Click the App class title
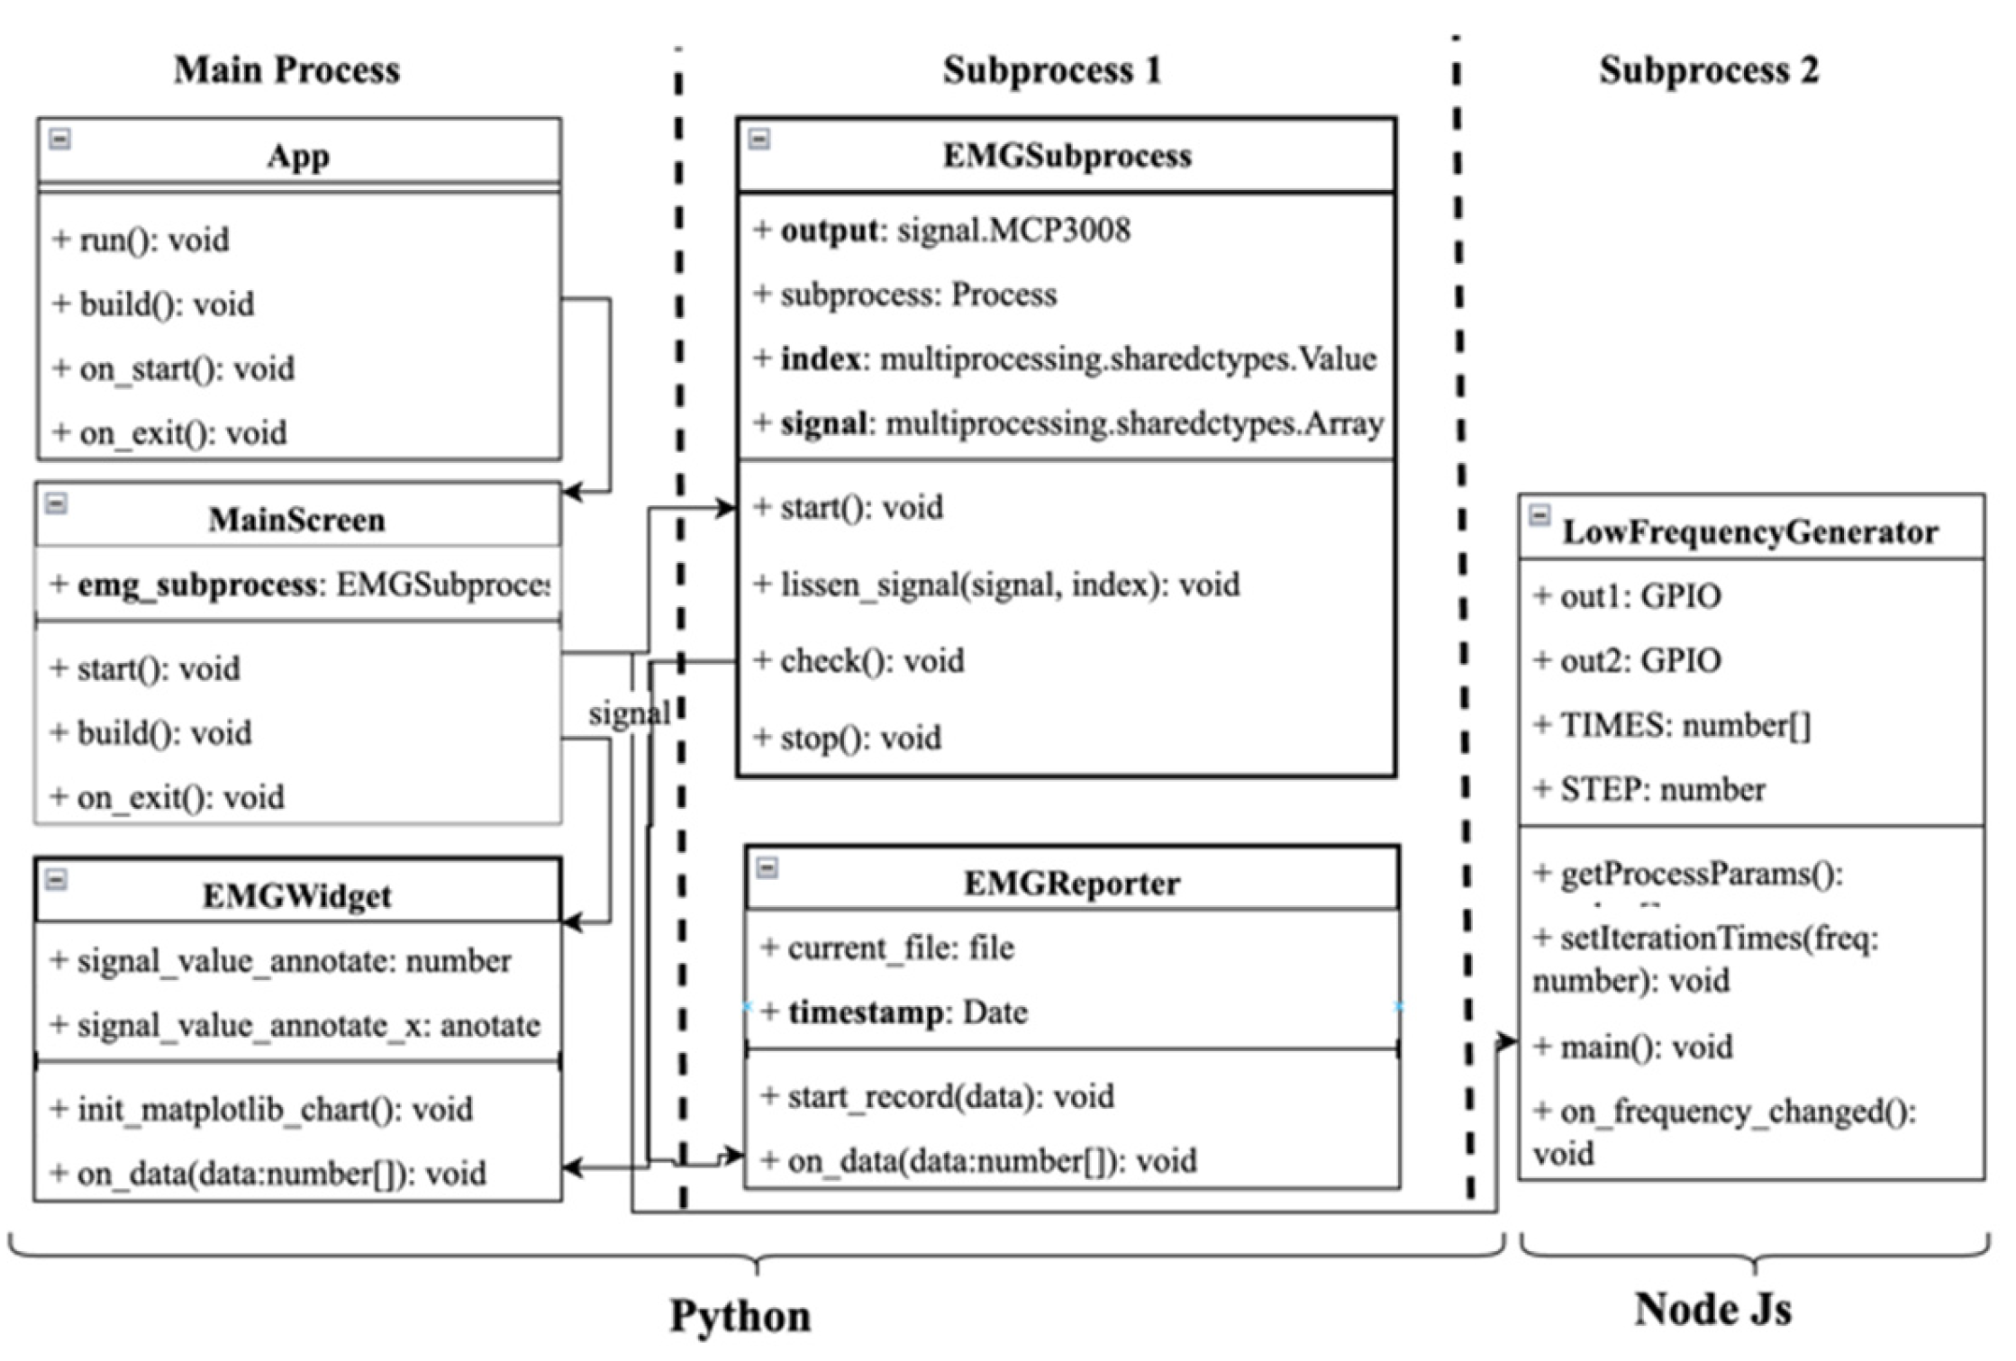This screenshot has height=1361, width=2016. tap(298, 156)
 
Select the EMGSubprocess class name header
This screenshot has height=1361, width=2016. tap(1067, 156)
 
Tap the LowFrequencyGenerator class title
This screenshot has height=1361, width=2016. tap(1749, 531)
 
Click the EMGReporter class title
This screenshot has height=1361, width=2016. tap(1071, 883)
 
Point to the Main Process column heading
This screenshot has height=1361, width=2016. tap(286, 70)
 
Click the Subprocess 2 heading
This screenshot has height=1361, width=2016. tap(1708, 70)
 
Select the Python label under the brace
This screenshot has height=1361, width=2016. tap(740, 1316)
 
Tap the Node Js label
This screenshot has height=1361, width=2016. tap(1712, 1309)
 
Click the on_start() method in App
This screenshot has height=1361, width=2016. tap(173, 368)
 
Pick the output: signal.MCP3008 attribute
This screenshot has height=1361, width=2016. tap(941, 231)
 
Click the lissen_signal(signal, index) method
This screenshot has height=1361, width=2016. tap(995, 585)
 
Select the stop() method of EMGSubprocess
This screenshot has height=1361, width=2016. tap(847, 739)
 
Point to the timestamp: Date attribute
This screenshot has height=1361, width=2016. tap(894, 1012)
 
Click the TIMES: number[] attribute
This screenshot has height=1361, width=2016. tap(1671, 725)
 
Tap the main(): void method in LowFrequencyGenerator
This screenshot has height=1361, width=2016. tap(1632, 1047)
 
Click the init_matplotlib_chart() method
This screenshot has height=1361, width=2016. tap(261, 1109)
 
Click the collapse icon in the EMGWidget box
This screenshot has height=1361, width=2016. tap(56, 879)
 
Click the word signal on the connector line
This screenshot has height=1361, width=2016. tap(629, 714)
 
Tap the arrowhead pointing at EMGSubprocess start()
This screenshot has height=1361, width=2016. tap(726, 509)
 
